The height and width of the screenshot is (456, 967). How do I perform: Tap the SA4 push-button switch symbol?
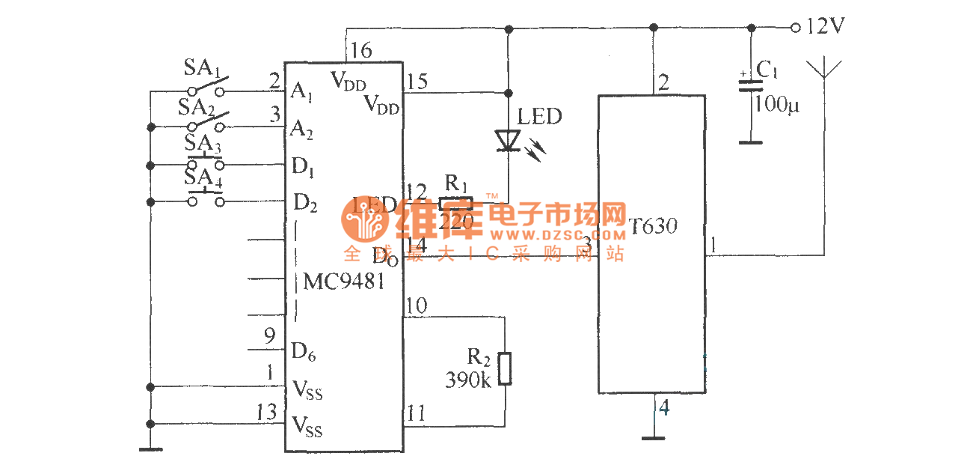(205, 199)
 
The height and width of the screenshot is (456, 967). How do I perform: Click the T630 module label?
(653, 225)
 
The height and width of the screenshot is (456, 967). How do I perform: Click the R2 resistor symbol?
(506, 368)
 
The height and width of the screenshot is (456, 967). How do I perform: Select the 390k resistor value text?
(468, 380)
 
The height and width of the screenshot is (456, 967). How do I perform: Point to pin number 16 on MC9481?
(360, 51)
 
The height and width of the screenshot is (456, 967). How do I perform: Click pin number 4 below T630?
(664, 409)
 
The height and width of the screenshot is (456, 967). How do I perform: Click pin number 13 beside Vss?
(265, 413)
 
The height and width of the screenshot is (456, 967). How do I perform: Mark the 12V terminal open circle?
(795, 28)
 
